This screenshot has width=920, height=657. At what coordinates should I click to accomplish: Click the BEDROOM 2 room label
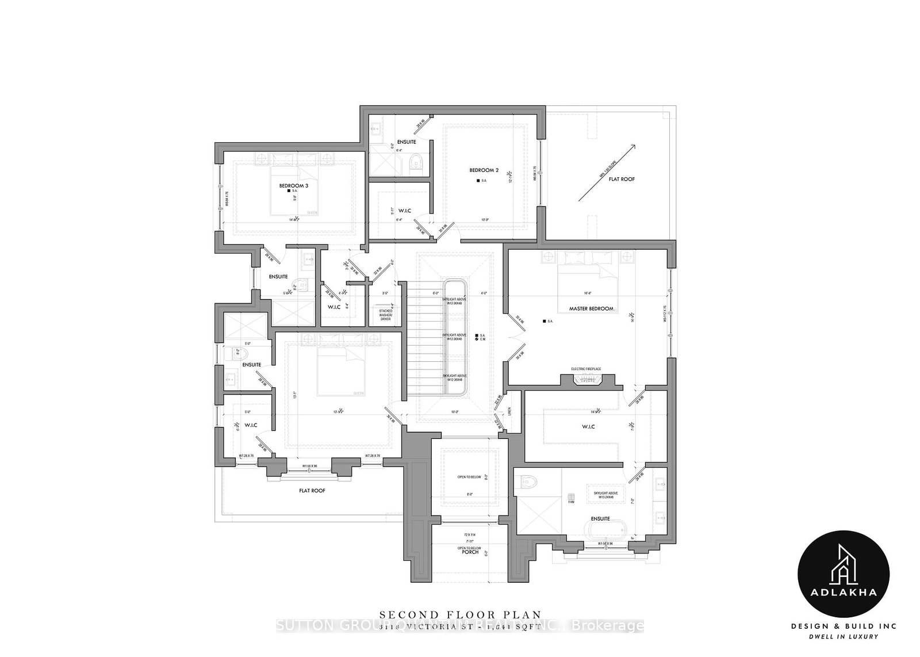[484, 170]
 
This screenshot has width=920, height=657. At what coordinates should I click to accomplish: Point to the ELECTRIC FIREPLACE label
[585, 369]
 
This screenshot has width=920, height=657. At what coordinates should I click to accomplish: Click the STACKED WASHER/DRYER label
[385, 315]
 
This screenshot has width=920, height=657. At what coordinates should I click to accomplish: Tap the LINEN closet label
[509, 411]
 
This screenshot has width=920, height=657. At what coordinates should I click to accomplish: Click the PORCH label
[470, 553]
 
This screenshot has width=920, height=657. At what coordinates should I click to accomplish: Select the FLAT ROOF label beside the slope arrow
[622, 179]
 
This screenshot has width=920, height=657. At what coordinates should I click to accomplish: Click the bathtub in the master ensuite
[601, 529]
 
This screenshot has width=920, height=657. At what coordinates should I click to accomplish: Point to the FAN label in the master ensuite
[571, 502]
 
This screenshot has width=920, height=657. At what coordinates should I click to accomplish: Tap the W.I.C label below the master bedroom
[588, 426]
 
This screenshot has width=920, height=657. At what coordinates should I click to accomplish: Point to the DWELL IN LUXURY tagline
[844, 636]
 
